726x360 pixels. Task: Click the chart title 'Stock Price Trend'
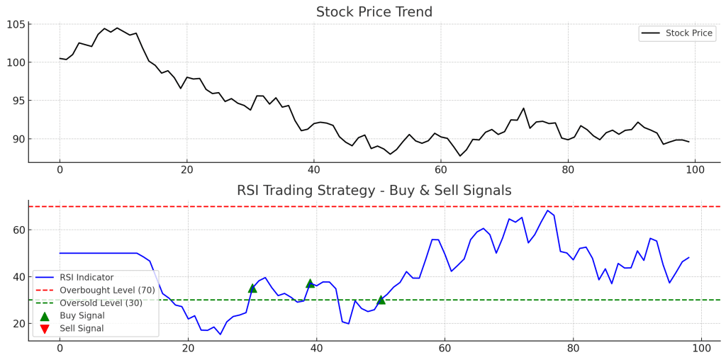pyautogui.click(x=374, y=12)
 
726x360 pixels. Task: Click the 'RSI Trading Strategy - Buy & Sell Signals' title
pyautogui.click(x=374, y=191)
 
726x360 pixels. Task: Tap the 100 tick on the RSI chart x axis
pyautogui.click(x=701, y=349)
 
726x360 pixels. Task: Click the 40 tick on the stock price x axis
pyautogui.click(x=313, y=170)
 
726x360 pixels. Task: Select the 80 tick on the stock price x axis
pyautogui.click(x=567, y=170)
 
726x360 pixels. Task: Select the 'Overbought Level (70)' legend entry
pyautogui.click(x=106, y=291)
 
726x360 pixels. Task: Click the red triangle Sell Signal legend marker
pyautogui.click(x=45, y=329)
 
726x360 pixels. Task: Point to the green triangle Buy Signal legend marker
pyautogui.click(x=45, y=316)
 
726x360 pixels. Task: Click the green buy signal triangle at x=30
pyautogui.click(x=252, y=288)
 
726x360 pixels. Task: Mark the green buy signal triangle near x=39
pyautogui.click(x=310, y=283)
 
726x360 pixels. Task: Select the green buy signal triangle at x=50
pyautogui.click(x=381, y=300)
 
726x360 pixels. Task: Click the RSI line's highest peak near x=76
pyautogui.click(x=547, y=210)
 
